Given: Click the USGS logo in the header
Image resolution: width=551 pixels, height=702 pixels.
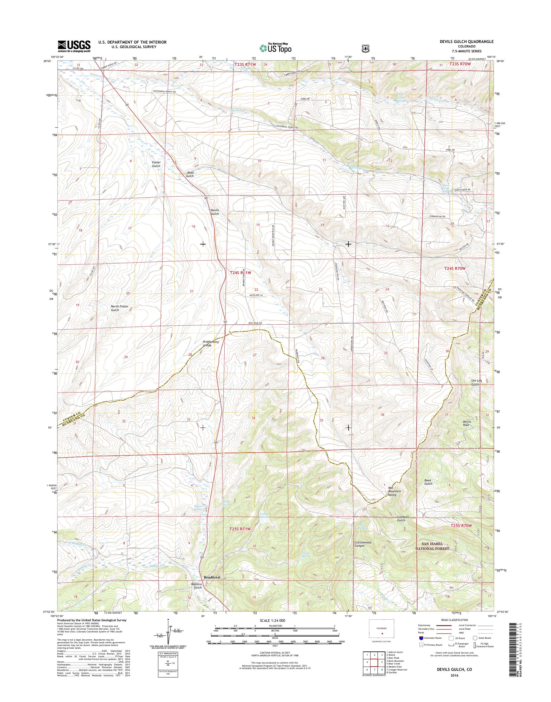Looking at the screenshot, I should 74,46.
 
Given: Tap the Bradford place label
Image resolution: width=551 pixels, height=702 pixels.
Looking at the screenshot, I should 212,577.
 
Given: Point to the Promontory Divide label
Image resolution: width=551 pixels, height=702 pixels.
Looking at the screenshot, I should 211,343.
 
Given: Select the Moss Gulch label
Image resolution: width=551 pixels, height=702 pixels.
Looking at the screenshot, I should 190,175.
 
